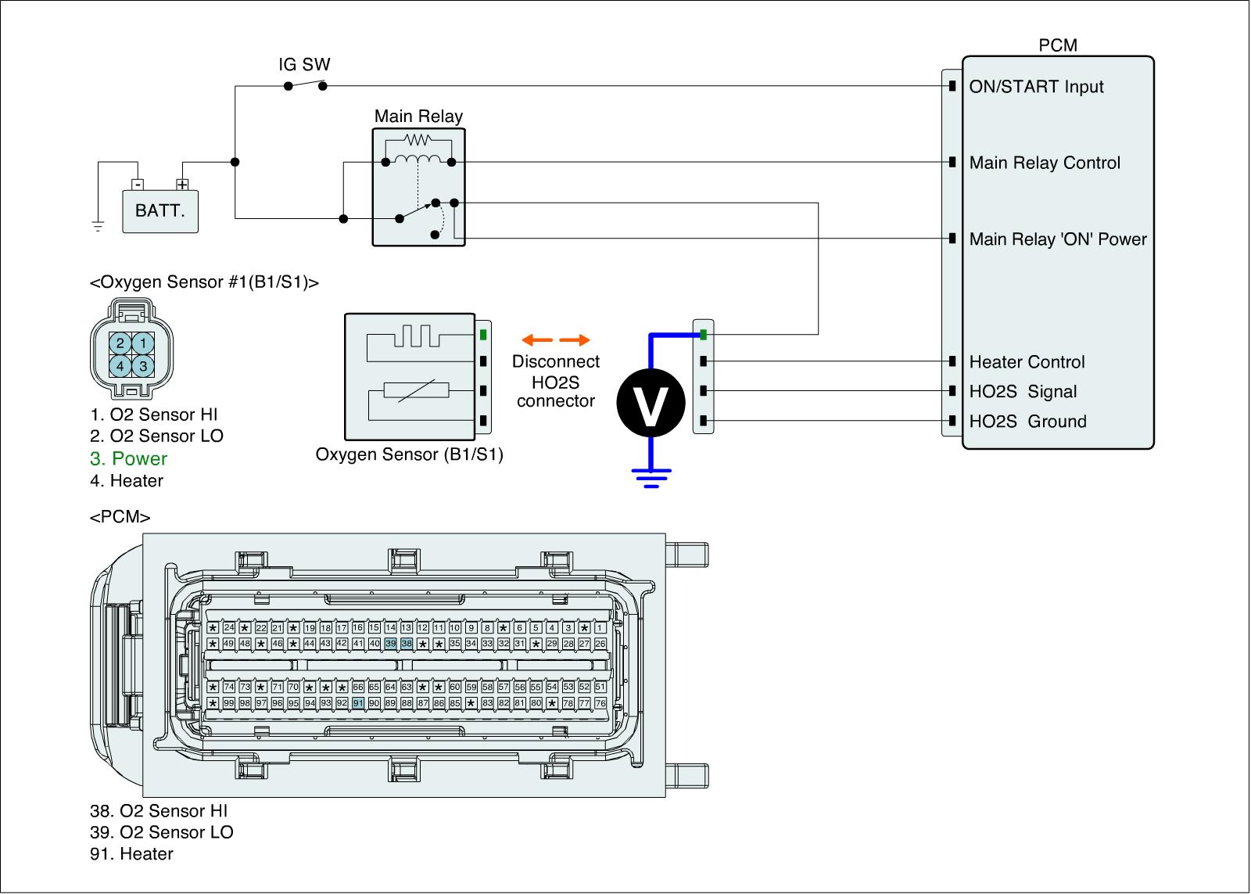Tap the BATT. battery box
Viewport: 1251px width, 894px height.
point(160,211)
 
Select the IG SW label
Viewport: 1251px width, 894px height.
point(304,65)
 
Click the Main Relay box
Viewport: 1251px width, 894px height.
point(418,188)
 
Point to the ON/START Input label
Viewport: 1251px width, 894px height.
point(1036,87)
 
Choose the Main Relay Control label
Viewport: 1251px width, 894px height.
point(1045,163)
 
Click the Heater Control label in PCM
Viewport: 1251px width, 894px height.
point(1027,362)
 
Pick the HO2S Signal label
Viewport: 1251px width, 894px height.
point(1023,392)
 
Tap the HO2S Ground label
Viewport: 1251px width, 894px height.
point(1027,422)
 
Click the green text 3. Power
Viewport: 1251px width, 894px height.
point(129,459)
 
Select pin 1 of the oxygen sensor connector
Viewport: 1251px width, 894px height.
point(142,343)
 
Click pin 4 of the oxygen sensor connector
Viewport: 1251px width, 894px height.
point(120,365)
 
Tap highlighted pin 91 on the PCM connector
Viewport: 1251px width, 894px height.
point(358,703)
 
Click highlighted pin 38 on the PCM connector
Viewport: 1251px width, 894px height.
point(407,644)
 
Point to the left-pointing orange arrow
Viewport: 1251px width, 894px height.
point(537,340)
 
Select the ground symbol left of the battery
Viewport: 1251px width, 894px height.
point(98,227)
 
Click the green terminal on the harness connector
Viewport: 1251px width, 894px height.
point(704,335)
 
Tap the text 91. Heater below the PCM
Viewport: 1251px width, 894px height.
point(131,854)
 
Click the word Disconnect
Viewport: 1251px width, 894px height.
point(556,362)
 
